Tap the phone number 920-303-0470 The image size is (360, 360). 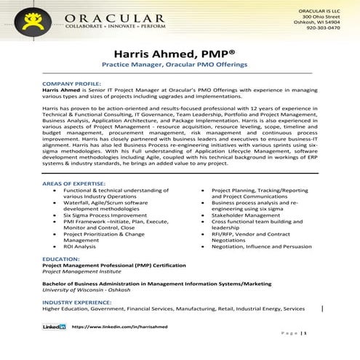pos(322,28)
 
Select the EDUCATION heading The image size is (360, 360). pos(60,258)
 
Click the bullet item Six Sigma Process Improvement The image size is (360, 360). pos(103,215)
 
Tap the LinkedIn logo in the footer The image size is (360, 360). pos(55,327)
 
